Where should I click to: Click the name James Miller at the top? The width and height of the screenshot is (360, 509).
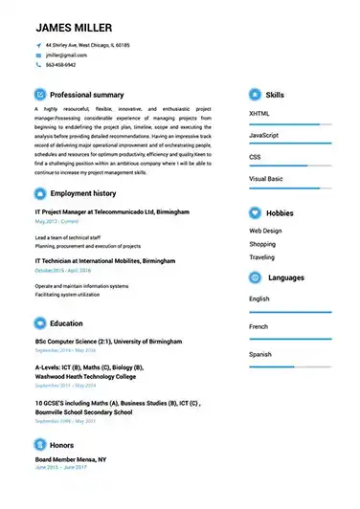pyautogui.click(x=73, y=27)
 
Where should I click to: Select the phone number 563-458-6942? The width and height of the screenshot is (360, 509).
pyautogui.click(x=61, y=65)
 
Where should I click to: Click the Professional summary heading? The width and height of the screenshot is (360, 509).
pyautogui.click(x=86, y=96)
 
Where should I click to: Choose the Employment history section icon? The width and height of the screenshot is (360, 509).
pyautogui.click(x=39, y=194)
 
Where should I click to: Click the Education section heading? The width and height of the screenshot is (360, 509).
pyautogui.click(x=66, y=323)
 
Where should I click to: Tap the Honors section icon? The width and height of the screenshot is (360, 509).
pyautogui.click(x=39, y=446)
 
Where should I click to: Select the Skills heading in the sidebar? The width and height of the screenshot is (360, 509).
pyautogui.click(x=275, y=96)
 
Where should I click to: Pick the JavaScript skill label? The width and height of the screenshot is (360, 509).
pyautogui.click(x=263, y=136)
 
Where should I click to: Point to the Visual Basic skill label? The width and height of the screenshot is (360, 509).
pyautogui.click(x=265, y=179)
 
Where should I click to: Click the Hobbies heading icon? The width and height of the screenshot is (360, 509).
pyautogui.click(x=255, y=213)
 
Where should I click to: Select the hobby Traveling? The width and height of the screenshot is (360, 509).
pyautogui.click(x=261, y=257)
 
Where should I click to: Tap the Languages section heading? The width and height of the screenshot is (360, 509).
pyautogui.click(x=286, y=277)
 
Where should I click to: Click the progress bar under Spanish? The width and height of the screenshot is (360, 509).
pyautogui.click(x=290, y=366)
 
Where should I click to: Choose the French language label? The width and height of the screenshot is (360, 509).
pyautogui.click(x=259, y=326)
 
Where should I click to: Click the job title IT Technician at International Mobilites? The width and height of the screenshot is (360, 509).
pyautogui.click(x=105, y=260)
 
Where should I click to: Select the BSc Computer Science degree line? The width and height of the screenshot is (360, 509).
pyautogui.click(x=108, y=341)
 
